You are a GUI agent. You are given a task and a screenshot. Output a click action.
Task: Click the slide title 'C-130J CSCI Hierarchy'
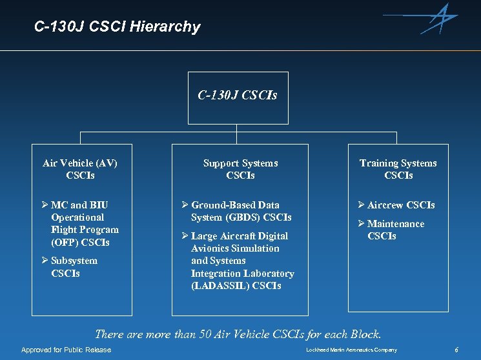point(118,27)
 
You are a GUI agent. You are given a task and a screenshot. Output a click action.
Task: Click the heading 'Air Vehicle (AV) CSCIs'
point(80,169)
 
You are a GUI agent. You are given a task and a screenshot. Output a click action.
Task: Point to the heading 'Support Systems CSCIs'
point(240,169)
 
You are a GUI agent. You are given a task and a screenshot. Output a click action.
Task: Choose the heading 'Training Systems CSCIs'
point(398,169)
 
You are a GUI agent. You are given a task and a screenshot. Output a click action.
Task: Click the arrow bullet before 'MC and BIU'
point(45,205)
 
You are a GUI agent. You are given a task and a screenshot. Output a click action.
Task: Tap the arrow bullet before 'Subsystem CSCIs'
point(45,261)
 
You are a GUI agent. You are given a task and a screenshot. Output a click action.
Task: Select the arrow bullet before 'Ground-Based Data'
point(185,205)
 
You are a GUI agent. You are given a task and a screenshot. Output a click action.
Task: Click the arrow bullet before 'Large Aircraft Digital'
point(185,236)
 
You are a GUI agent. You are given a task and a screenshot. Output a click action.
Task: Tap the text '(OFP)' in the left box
point(65,243)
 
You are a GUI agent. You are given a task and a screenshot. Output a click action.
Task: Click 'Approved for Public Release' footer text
point(66,350)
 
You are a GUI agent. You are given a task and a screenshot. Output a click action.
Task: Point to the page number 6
point(456,350)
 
